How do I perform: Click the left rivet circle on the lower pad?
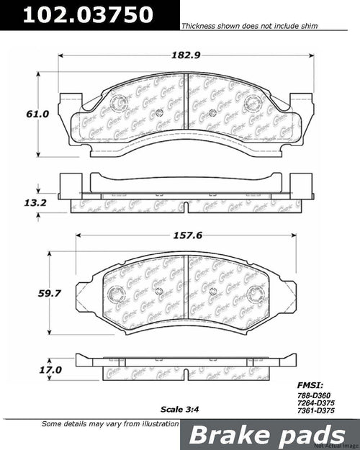tap(117, 294)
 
